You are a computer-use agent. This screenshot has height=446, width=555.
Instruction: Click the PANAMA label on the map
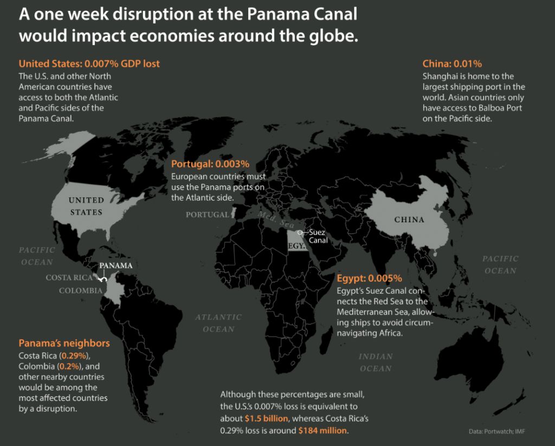115,266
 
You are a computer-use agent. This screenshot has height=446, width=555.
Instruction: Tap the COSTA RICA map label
70,277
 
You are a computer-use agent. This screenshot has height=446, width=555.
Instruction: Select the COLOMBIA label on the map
81,290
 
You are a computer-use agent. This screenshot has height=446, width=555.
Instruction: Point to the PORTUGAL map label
208,215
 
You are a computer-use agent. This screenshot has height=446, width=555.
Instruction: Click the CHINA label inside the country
409,219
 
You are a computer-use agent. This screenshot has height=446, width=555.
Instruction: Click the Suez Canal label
318,236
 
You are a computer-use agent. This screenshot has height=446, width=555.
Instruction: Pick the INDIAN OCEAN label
376,362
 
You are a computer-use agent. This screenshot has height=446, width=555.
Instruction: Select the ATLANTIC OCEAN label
218,322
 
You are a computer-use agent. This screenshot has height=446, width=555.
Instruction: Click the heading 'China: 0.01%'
452,63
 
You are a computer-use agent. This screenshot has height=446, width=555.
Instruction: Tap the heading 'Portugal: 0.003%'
210,164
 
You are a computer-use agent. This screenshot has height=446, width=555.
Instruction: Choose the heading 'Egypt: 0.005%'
369,279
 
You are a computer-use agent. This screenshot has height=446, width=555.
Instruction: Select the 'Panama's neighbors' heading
64,343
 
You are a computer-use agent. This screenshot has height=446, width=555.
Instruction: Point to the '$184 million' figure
323,430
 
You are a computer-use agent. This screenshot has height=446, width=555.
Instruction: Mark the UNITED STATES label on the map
86,206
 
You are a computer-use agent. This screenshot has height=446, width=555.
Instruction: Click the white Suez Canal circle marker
299,231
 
